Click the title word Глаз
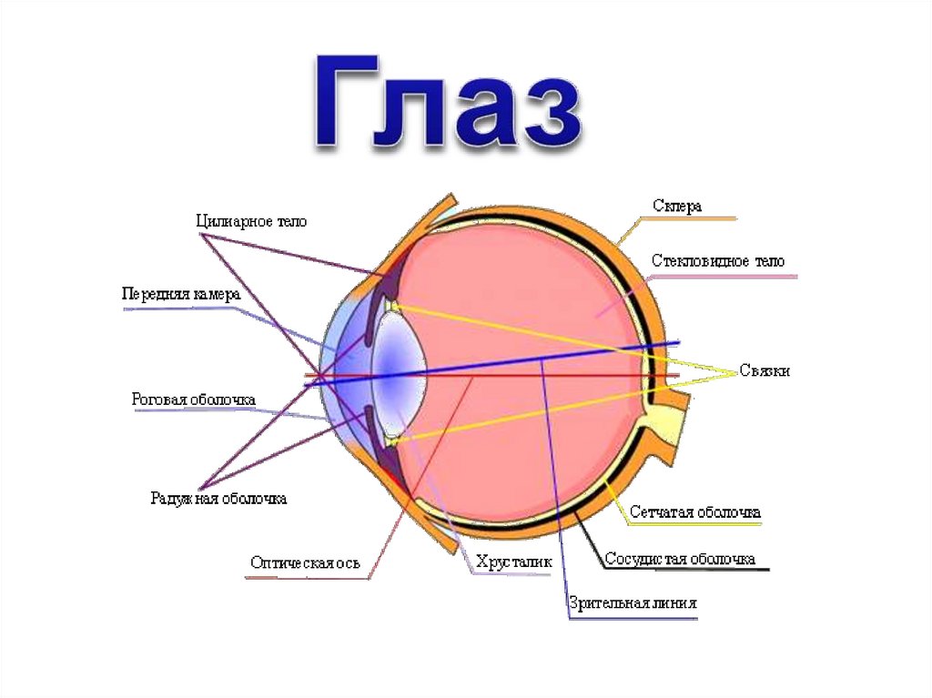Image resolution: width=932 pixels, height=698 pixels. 448,102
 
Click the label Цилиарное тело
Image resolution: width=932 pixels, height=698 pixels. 252,221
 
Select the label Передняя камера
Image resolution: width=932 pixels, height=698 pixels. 181,295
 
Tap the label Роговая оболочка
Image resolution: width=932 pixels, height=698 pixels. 193,400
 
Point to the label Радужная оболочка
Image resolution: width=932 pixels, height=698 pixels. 218,499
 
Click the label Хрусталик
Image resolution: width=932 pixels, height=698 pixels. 513,563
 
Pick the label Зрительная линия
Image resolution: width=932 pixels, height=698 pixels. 633,603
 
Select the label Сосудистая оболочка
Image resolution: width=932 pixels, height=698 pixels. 681,558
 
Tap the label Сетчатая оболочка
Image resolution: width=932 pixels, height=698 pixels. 694,512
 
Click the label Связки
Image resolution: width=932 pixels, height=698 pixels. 765,371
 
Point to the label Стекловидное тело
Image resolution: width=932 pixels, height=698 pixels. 717,261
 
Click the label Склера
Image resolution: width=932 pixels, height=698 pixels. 677,207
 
